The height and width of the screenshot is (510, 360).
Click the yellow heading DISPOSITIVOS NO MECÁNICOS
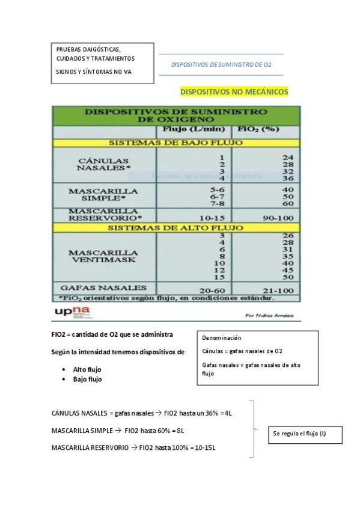234,92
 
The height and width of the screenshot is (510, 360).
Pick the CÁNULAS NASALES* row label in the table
103,164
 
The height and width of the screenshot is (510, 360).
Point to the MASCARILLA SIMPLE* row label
103,194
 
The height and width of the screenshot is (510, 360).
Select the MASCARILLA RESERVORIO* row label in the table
105,215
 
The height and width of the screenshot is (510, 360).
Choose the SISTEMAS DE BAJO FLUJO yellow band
175,143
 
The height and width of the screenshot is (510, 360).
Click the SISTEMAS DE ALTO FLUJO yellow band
175,228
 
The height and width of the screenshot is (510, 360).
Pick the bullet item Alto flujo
87,369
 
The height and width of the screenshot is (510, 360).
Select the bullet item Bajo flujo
87,379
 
